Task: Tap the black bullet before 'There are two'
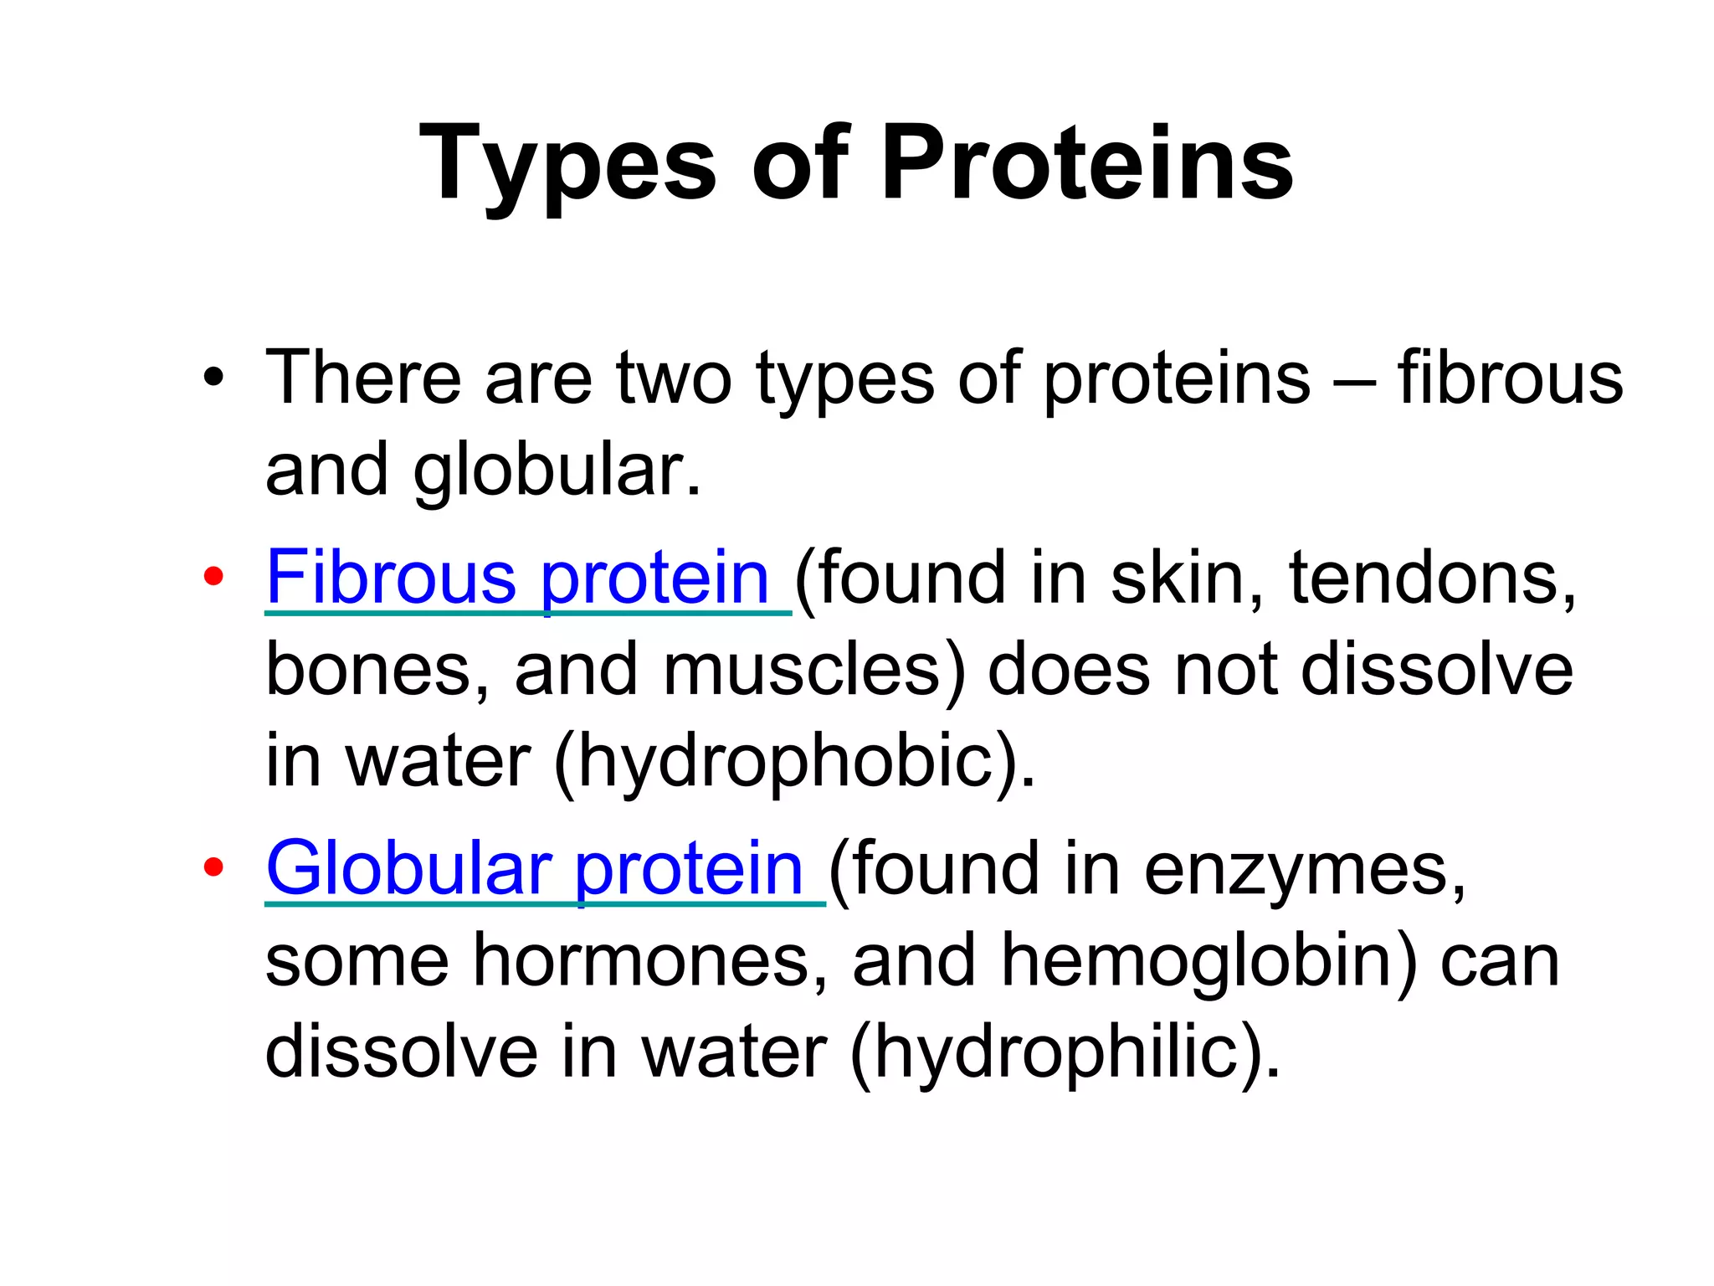213,378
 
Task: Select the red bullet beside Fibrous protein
213,576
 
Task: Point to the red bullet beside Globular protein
213,867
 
